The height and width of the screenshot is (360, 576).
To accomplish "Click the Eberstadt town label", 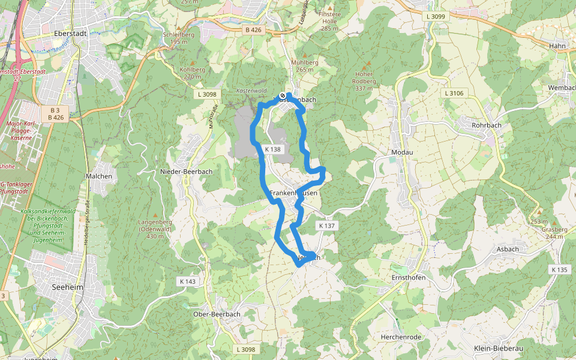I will [70, 34].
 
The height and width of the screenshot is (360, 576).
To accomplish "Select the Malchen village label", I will [99, 176].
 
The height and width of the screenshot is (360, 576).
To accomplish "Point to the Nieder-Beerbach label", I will [186, 172].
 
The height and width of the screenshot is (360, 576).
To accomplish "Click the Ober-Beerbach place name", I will [217, 314].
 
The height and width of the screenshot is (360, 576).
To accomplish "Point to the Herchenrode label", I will [401, 337].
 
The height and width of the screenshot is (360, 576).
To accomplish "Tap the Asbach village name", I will [508, 248].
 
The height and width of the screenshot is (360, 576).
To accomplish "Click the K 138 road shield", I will [272, 149].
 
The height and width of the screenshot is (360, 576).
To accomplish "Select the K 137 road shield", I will [327, 225].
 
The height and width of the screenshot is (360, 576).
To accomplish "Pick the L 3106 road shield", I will [454, 93].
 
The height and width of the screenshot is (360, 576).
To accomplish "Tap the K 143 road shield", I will [187, 281].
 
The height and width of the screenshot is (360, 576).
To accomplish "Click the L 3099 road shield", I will [434, 16].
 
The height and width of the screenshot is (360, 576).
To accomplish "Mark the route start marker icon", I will [283, 95].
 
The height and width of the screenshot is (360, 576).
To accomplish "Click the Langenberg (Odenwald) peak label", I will [155, 229].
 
